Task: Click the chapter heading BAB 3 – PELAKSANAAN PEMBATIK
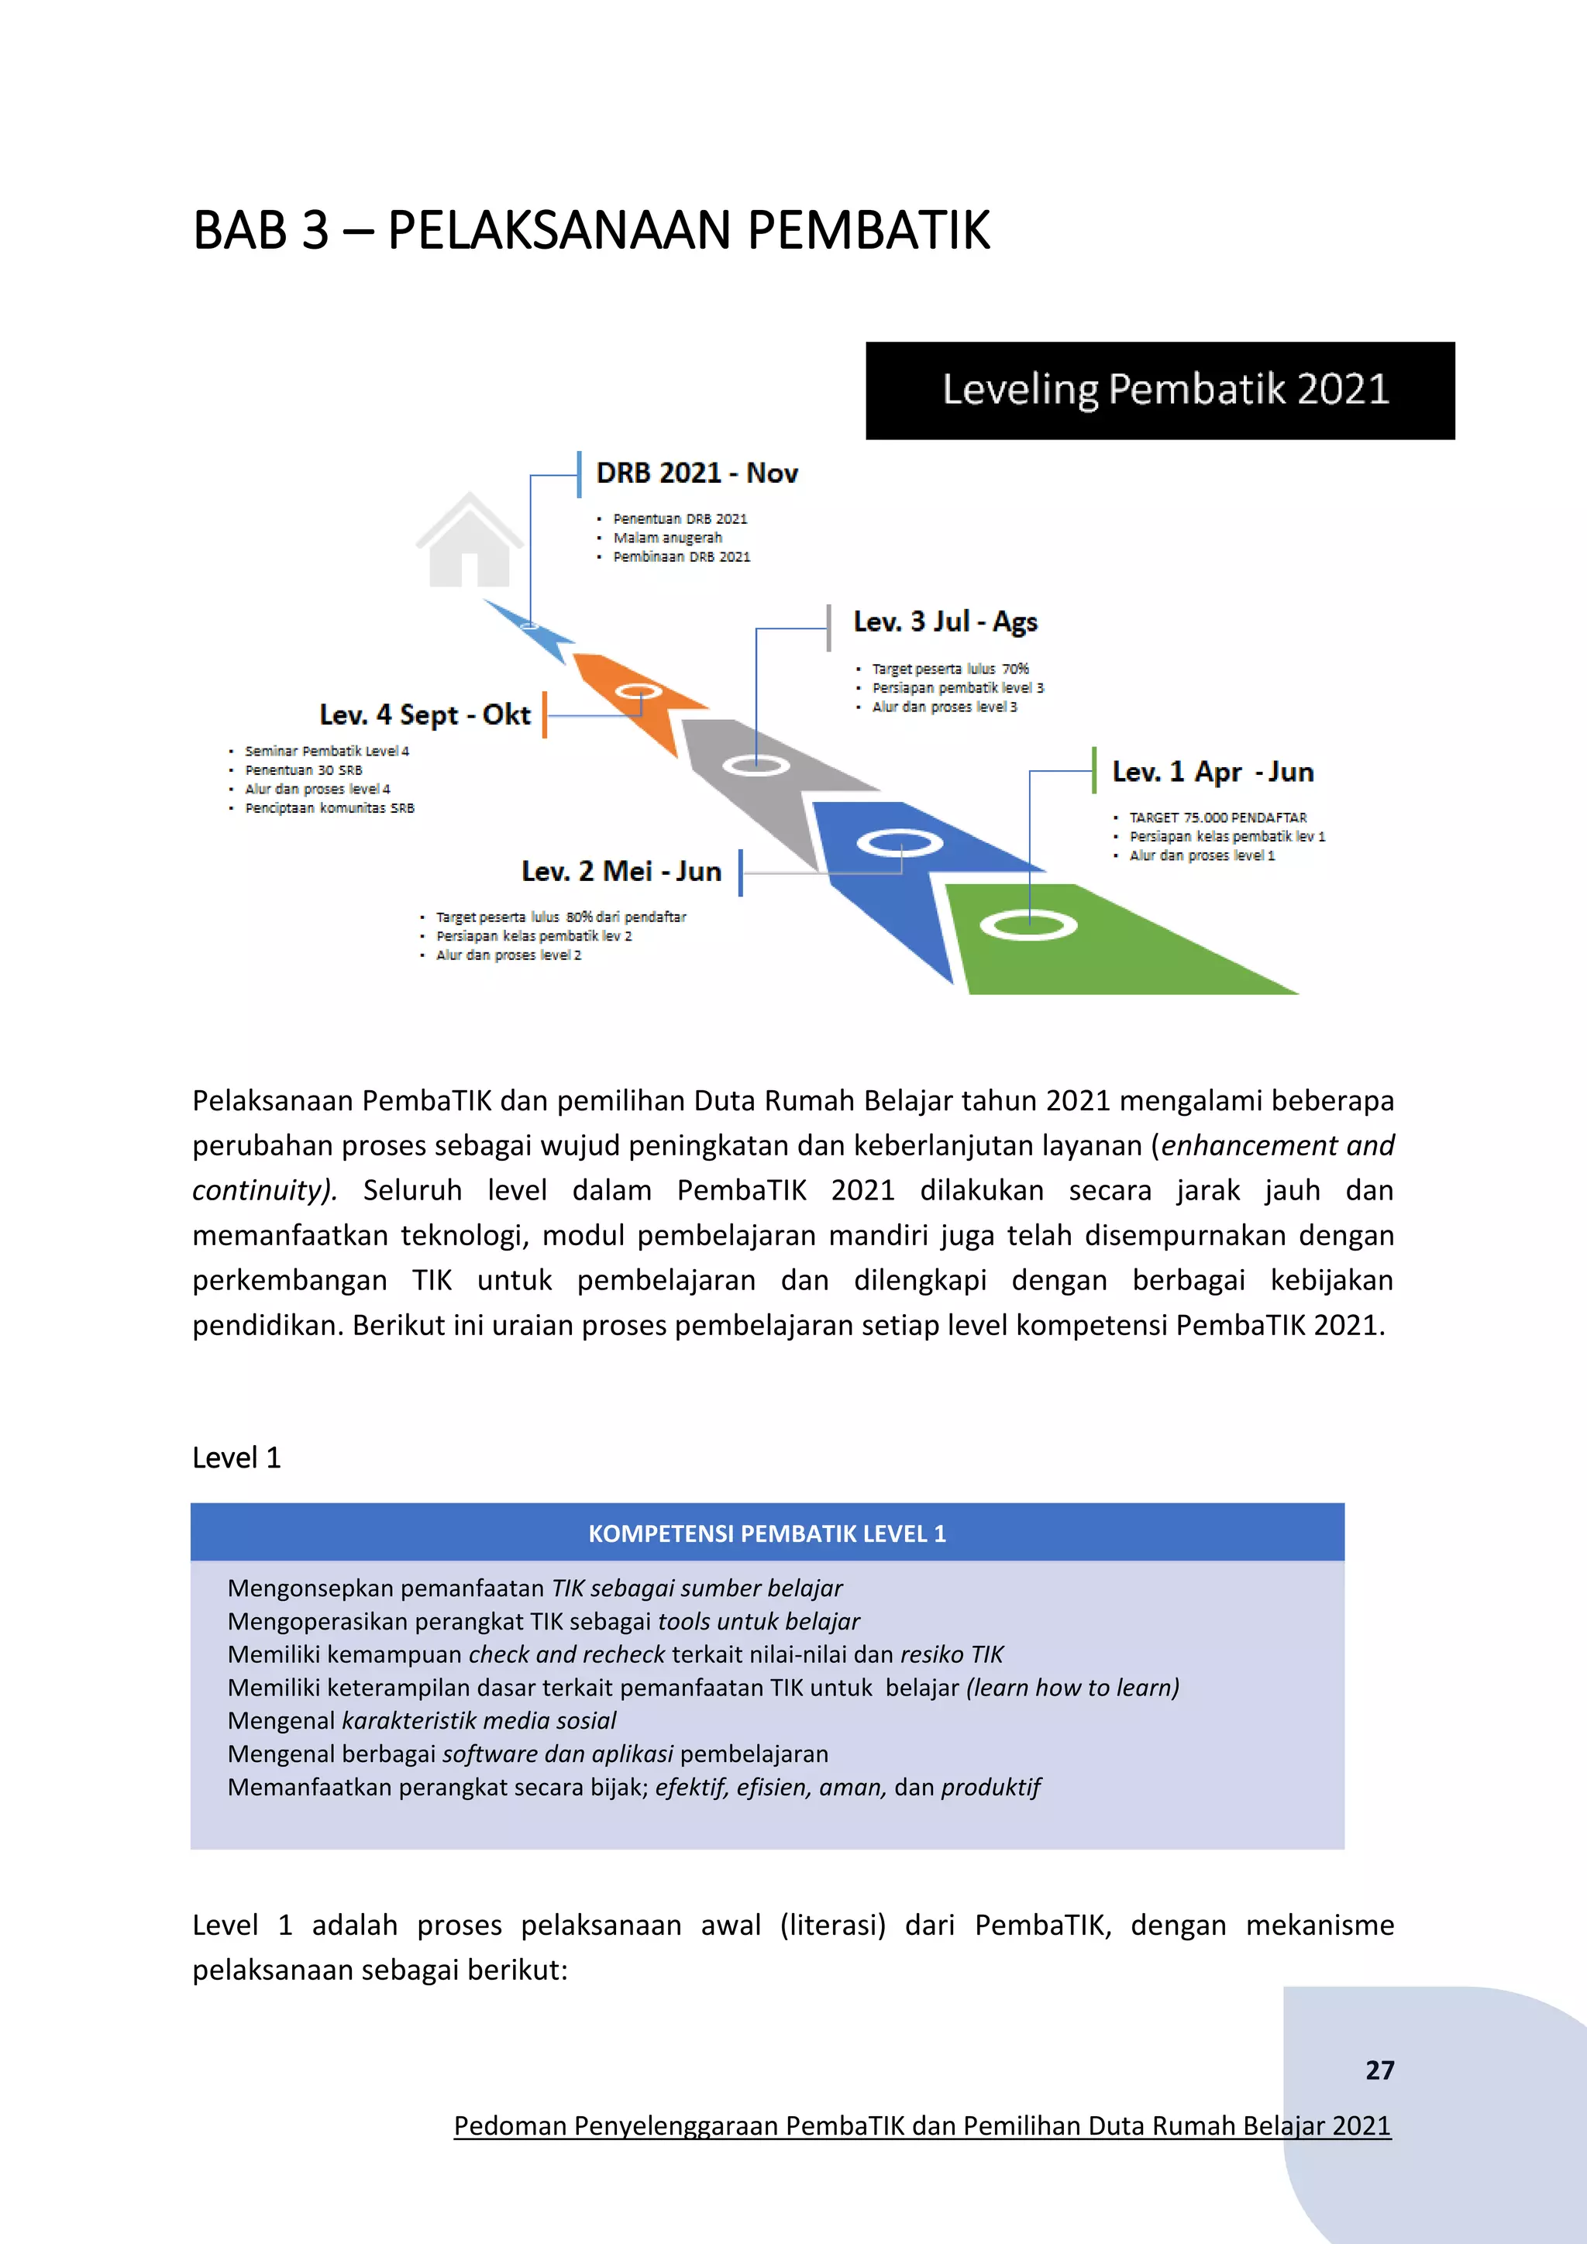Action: (591, 232)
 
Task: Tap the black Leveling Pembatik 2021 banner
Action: (1160, 390)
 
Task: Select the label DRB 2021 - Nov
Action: (697, 474)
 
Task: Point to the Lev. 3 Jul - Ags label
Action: (944, 622)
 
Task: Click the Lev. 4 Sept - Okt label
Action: (425, 715)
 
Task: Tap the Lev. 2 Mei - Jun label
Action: (621, 872)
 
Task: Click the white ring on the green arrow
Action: (1028, 924)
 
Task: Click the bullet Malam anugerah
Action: (667, 539)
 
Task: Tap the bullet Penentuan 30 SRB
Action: (303, 770)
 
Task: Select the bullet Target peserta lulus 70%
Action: (950, 669)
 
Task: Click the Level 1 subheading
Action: (236, 1458)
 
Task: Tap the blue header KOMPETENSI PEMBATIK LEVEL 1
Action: (767, 1533)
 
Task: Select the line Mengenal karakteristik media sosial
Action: (422, 1721)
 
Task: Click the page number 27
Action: (1379, 2070)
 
